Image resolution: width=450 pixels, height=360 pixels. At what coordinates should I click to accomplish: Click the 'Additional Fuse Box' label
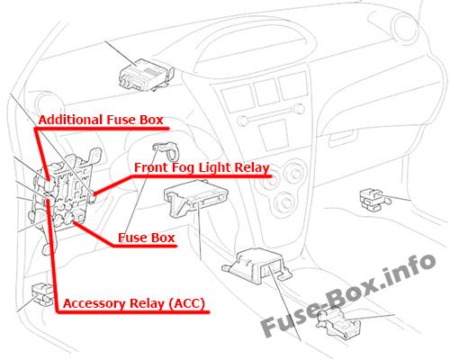(x=101, y=120)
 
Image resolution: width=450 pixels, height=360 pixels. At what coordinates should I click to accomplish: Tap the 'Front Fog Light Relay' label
(x=202, y=167)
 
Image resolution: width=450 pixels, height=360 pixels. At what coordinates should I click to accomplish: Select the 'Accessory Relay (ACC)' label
(x=134, y=303)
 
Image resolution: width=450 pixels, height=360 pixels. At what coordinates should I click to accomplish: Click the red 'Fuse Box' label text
(x=146, y=238)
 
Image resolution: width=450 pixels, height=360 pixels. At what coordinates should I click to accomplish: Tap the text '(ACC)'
(x=186, y=303)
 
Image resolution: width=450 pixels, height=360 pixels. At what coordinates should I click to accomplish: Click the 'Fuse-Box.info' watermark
(x=348, y=295)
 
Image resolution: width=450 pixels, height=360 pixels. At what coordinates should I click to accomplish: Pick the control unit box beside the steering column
(x=195, y=196)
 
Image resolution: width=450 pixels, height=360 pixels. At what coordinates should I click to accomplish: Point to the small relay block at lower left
(x=42, y=294)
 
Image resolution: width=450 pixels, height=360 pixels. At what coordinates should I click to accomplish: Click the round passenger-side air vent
(x=406, y=29)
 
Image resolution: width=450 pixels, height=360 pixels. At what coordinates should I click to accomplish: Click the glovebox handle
(x=343, y=139)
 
